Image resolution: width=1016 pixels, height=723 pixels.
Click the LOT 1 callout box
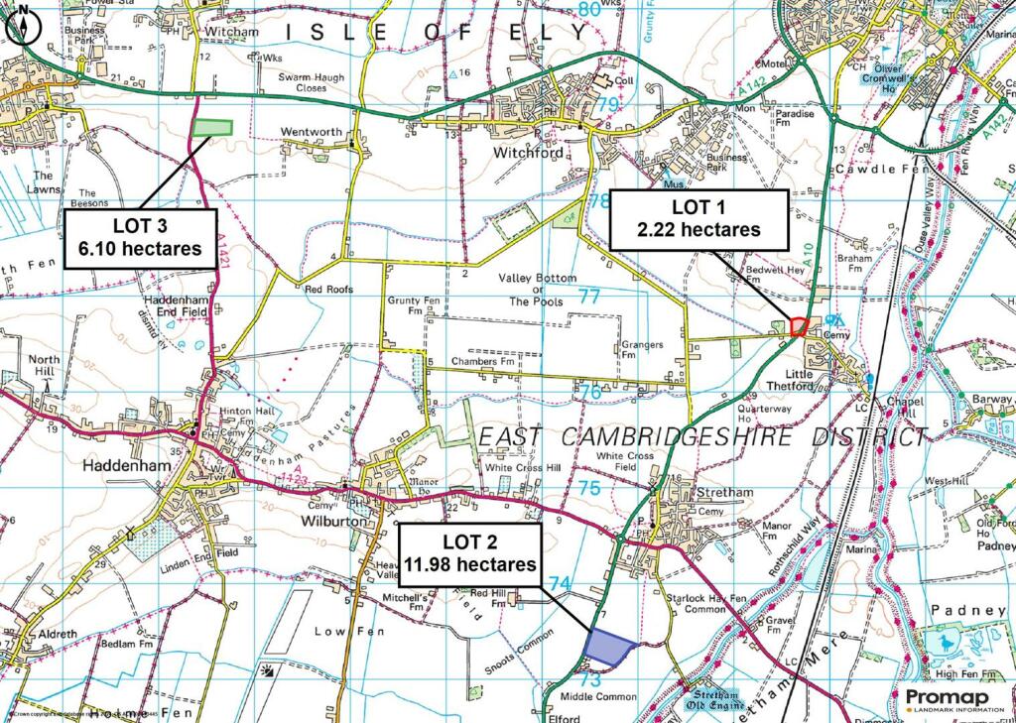point(698,218)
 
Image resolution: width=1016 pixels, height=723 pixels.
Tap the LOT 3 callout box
point(141,238)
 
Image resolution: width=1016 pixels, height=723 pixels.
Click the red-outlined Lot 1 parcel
point(800,327)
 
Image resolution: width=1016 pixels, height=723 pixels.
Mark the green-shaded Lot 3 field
point(211,128)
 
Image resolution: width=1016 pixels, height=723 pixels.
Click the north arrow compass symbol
point(24,23)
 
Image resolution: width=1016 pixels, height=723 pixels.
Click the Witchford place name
point(527,154)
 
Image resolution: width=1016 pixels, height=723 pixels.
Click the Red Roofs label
point(328,291)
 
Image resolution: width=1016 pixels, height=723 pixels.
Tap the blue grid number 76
point(589,392)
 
